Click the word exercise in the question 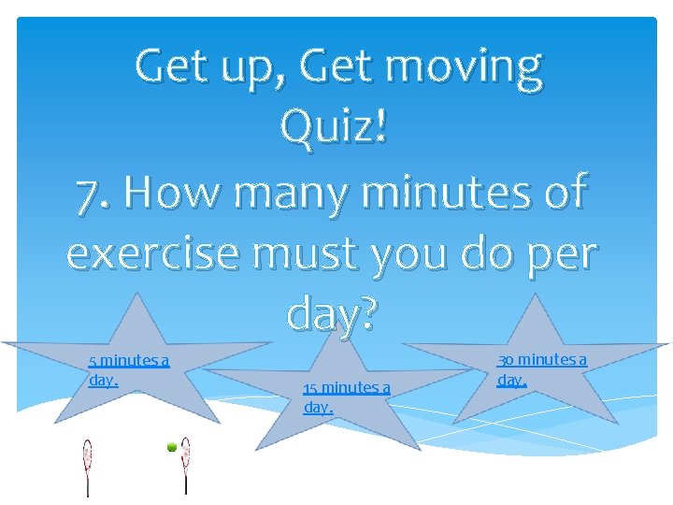146,252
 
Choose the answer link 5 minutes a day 128,370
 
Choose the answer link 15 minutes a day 345,397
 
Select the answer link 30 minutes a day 541,369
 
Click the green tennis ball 172,448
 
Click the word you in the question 412,254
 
